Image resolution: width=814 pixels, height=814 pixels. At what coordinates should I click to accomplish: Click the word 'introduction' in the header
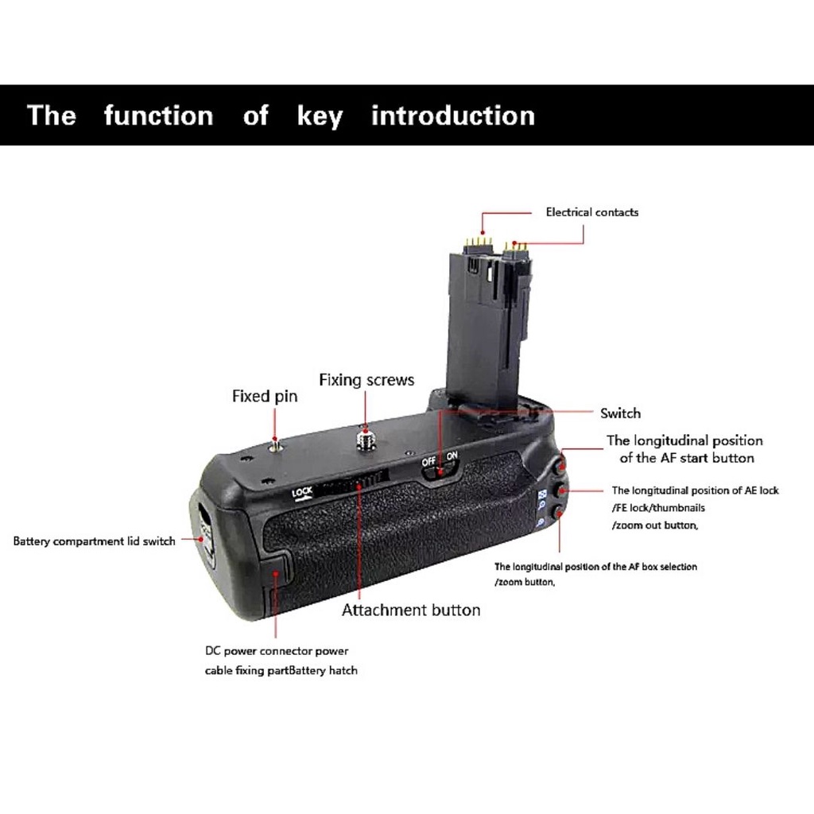pyautogui.click(x=452, y=115)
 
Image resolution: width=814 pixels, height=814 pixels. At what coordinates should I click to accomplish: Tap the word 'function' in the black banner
pyautogui.click(x=158, y=115)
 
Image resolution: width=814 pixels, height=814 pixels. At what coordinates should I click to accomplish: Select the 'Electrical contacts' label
pyautogui.click(x=591, y=211)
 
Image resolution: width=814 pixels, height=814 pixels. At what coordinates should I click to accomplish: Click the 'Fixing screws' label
pyautogui.click(x=366, y=380)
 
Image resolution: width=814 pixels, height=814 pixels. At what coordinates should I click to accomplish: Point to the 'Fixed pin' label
pyautogui.click(x=265, y=396)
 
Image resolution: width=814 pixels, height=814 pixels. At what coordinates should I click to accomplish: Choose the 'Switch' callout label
pyautogui.click(x=620, y=413)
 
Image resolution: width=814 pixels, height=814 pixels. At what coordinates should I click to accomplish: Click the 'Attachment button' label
pyautogui.click(x=411, y=610)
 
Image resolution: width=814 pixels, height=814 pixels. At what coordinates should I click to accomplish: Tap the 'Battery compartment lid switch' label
pyautogui.click(x=94, y=541)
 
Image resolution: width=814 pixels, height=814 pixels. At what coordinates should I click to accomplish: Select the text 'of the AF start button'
pyautogui.click(x=686, y=458)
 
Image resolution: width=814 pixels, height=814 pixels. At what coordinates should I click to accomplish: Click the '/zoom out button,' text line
pyautogui.click(x=655, y=525)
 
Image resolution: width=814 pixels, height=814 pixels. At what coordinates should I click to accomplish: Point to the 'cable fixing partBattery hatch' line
pyautogui.click(x=281, y=670)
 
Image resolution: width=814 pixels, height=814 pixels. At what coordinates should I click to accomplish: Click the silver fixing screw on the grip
pyautogui.click(x=364, y=438)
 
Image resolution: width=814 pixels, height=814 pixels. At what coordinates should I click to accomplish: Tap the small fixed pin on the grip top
pyautogui.click(x=275, y=444)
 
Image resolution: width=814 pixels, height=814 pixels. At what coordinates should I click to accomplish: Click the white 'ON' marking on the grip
pyautogui.click(x=452, y=455)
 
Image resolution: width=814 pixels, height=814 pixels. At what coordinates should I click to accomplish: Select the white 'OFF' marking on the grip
pyautogui.click(x=428, y=461)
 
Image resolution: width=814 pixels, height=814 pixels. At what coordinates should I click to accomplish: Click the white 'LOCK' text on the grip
pyautogui.click(x=302, y=492)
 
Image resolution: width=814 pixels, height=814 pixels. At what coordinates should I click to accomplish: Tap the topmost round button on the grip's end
pyautogui.click(x=561, y=464)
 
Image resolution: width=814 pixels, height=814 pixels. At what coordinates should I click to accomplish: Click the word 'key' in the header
pyautogui.click(x=320, y=116)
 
